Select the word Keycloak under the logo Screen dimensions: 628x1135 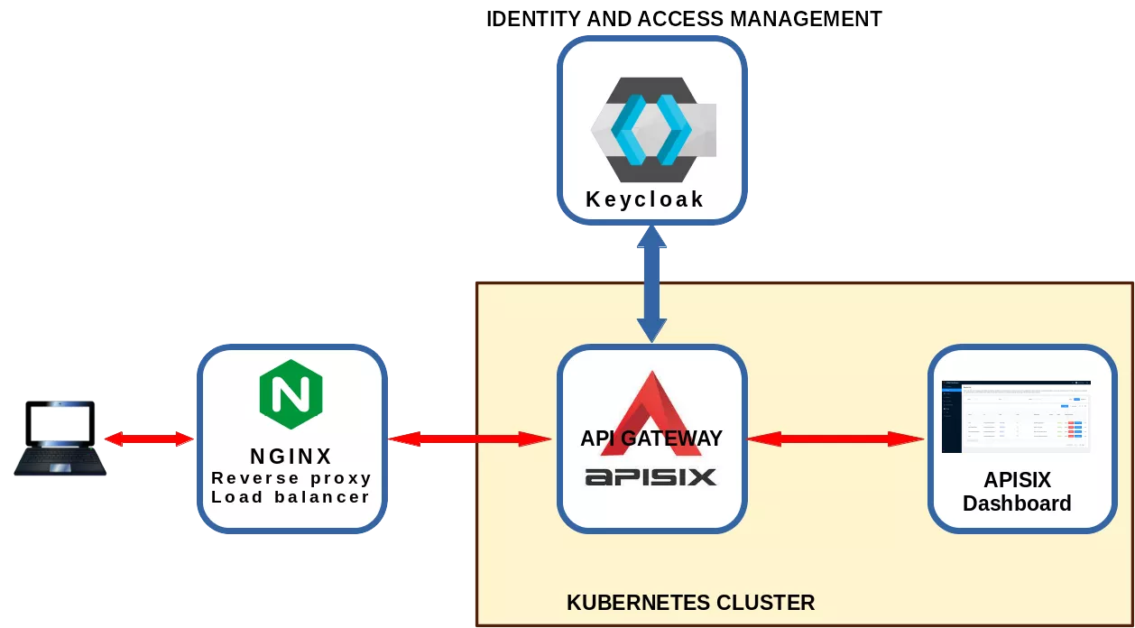[644, 199]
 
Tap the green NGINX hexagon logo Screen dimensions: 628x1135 [291, 394]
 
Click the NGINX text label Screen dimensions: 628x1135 [291, 457]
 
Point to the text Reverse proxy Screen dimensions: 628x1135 [291, 477]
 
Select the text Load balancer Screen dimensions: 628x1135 [291, 497]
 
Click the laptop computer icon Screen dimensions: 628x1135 [60, 438]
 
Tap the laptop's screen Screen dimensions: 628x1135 [60, 423]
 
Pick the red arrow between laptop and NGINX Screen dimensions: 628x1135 [149, 439]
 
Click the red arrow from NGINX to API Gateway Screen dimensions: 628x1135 [469, 439]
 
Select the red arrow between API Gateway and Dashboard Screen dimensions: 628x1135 [835, 439]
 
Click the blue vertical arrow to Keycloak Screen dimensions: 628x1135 [651, 283]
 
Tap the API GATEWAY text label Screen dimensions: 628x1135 [651, 439]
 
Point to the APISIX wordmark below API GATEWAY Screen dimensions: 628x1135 [651, 476]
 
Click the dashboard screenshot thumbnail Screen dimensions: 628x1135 [1016, 416]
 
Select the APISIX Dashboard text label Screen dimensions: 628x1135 [1017, 492]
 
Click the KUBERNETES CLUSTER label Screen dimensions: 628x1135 [690, 603]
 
